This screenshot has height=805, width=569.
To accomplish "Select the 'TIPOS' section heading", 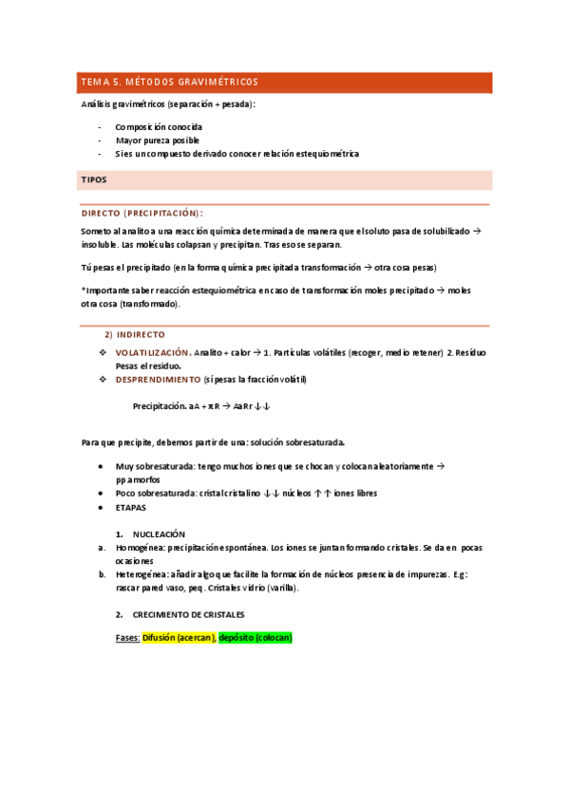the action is [94, 179].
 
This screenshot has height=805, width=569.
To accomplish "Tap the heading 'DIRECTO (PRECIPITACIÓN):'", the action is [142, 214].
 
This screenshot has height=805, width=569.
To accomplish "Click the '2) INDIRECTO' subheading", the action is [134, 335].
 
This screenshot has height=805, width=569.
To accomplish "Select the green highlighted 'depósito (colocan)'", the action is [255, 638].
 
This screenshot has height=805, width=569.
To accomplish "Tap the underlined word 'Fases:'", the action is [127, 638].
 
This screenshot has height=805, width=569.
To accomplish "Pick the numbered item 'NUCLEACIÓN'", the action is [159, 534].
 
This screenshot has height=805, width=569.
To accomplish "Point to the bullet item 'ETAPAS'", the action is [130, 507].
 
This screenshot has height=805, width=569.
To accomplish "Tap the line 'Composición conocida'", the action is [158, 126].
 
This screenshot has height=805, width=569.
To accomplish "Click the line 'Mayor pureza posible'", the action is [157, 140].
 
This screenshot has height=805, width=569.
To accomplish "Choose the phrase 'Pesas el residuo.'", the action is [149, 365].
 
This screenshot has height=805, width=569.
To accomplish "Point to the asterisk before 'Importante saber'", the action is [83, 290].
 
